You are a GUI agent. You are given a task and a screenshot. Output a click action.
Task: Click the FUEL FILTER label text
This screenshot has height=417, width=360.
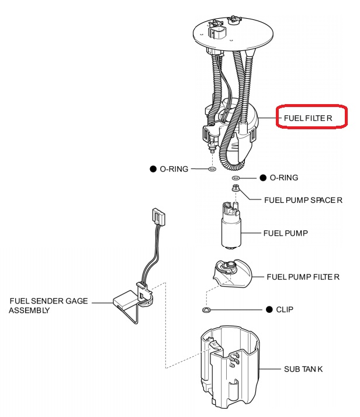pos(308,118)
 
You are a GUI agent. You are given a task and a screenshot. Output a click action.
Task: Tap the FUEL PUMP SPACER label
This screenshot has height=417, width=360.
pos(303,200)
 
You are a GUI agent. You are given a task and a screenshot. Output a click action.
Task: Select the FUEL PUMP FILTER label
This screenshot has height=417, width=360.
pos(303,277)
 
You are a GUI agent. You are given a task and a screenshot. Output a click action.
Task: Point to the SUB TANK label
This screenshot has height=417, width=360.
pos(303,369)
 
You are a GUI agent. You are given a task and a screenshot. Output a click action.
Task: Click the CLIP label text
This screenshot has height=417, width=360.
pos(285,309)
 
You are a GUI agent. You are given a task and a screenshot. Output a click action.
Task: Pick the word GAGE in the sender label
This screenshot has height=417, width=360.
pos(77,301)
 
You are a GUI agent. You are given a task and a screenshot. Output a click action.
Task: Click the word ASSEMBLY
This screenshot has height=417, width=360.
pos(29,311)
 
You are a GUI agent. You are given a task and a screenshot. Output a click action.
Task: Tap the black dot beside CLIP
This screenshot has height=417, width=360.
pos(269,309)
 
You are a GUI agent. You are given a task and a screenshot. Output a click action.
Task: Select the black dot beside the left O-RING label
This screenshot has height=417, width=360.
pos(153,169)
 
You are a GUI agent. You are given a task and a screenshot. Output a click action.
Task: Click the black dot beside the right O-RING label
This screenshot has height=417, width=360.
pos(263,178)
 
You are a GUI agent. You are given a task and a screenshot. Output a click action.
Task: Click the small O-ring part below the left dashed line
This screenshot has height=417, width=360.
pos(212,169)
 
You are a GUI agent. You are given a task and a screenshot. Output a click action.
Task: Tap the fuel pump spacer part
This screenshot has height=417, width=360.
pos(236,188)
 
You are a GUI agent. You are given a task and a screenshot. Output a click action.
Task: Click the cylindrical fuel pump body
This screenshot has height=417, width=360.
pos(231,232)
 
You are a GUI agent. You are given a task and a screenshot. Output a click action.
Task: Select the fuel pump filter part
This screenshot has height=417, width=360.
pos(232,274)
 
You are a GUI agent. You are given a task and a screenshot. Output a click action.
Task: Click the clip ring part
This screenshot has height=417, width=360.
pos(206,310)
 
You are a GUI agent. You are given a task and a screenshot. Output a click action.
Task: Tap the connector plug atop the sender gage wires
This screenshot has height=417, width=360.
pos(159,217)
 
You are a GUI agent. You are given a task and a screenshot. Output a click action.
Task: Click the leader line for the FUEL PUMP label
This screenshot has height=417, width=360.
pos(251,233)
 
